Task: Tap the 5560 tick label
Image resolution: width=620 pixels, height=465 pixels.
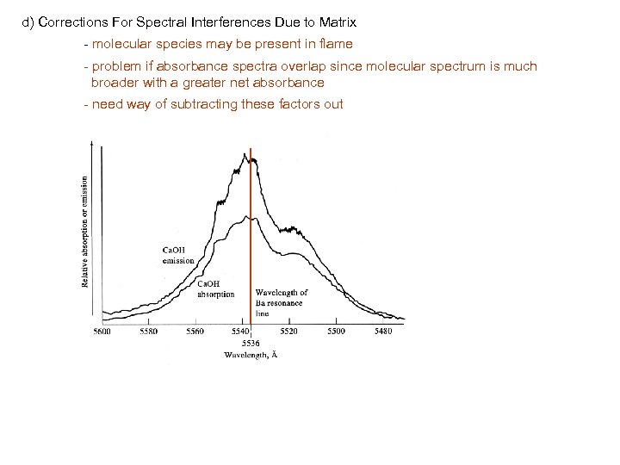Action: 195,331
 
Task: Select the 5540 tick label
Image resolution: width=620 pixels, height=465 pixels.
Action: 241,331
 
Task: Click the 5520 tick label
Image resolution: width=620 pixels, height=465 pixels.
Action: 288,331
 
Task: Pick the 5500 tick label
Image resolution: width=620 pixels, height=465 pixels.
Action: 335,331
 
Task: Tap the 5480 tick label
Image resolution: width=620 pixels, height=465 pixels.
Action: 381,331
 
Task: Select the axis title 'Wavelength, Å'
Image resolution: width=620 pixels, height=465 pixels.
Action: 251,354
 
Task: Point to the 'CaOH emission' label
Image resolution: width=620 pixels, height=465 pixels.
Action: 178,256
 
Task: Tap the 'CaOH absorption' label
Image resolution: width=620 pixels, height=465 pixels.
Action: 216,288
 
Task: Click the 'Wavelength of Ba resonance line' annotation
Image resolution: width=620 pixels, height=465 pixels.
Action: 281,302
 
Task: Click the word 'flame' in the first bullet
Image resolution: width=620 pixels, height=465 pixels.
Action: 337,43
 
